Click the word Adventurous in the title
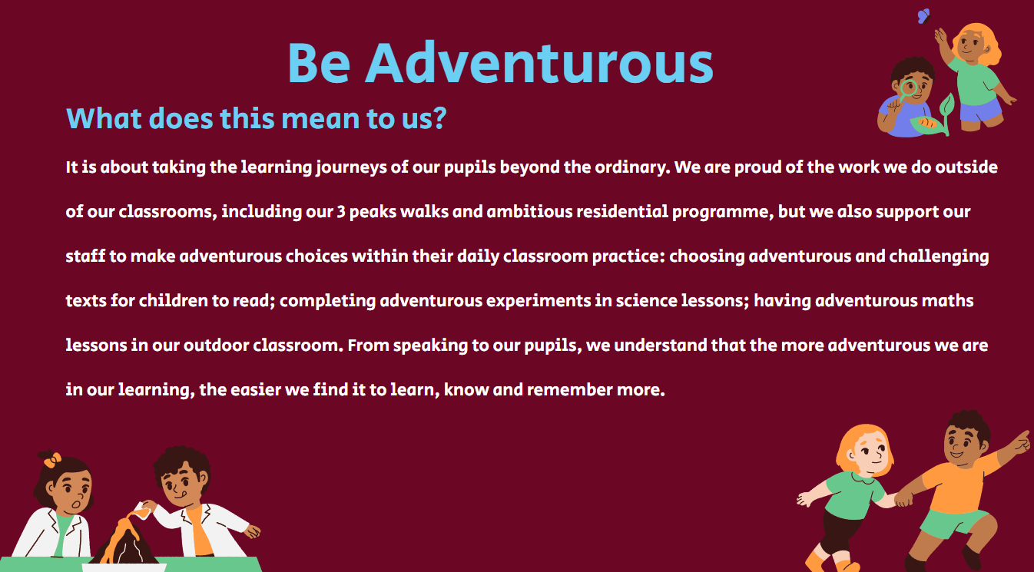[539, 62]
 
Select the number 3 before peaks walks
[341, 212]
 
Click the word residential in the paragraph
[622, 211]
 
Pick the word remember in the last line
[570, 390]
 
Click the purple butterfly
[923, 16]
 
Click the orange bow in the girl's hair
[52, 459]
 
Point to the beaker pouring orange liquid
[141, 510]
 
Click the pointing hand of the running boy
[1020, 441]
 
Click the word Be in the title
[319, 63]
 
